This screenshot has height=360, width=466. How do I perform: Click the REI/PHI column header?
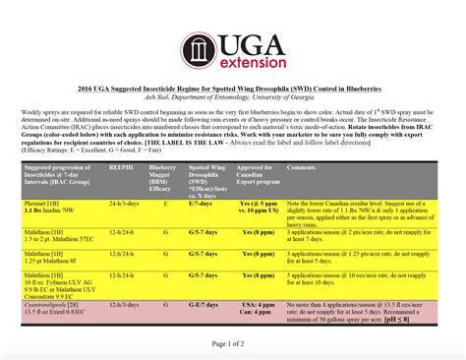click(119, 168)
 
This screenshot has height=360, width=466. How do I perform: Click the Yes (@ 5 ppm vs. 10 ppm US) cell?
click(259, 206)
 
